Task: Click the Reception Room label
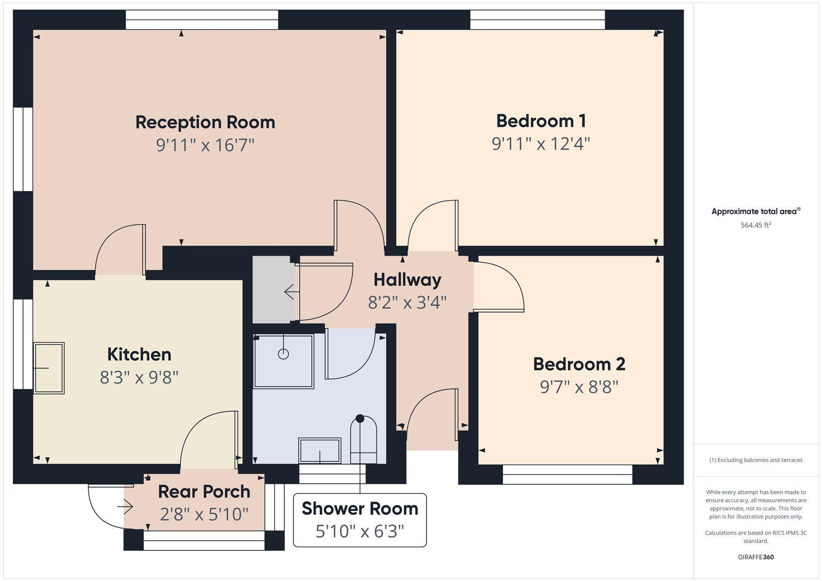205,122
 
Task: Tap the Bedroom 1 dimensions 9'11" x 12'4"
540,144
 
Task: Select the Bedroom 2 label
579,364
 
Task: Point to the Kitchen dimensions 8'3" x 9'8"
139,378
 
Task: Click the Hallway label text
407,280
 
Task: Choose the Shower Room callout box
360,520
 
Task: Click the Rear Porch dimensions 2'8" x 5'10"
204,515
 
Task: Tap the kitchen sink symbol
49,368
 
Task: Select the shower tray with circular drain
284,361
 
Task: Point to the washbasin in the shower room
320,451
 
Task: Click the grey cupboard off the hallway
274,290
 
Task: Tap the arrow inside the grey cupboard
291,292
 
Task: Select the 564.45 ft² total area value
756,225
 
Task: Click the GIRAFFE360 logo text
756,557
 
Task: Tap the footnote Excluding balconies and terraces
756,460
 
